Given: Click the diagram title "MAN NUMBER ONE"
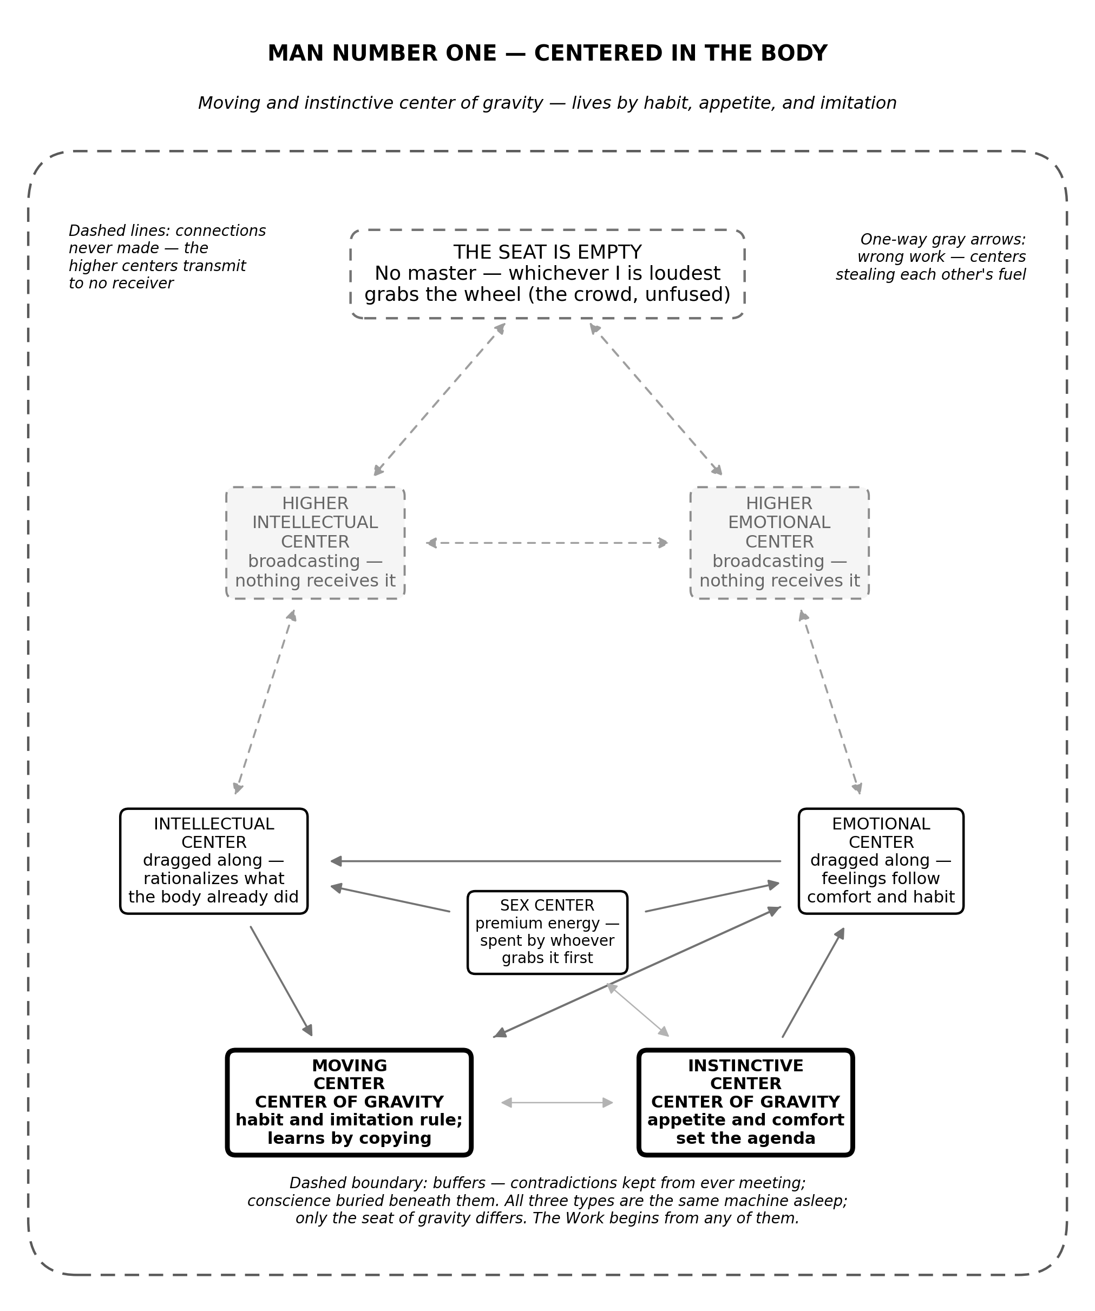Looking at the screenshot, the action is click(382, 54).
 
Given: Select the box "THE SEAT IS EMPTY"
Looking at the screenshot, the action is click(547, 274).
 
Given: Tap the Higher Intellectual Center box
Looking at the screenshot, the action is click(316, 543).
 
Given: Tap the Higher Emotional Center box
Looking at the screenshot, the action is click(779, 543).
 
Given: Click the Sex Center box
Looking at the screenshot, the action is click(547, 932).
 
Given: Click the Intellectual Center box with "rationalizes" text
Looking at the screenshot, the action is click(214, 861).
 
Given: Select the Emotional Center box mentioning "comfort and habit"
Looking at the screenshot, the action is click(881, 861).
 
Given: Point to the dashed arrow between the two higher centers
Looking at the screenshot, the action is click(547, 543).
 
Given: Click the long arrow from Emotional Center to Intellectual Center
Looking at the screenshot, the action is click(555, 861).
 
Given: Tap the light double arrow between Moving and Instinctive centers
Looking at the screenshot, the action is click(557, 1103).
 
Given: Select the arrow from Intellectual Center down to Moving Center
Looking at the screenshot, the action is click(281, 981).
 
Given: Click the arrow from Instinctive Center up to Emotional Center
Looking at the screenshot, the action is click(814, 983).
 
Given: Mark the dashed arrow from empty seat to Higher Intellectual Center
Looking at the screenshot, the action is click(439, 399).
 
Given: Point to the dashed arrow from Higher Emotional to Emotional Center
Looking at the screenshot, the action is click(830, 702).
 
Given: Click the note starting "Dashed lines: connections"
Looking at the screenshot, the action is click(167, 256).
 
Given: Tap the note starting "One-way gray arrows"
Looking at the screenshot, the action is click(930, 256).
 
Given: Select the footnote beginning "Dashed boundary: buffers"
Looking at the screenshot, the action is click(547, 1201).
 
